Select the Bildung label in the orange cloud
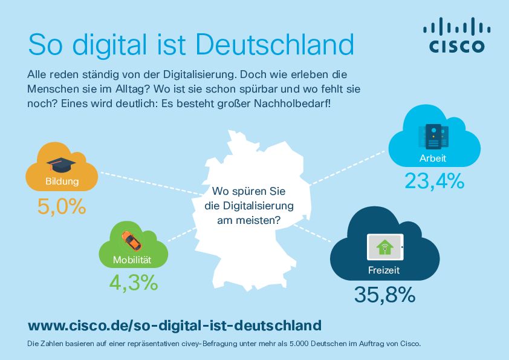point(61,181)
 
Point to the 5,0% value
point(61,207)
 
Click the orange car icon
point(131,240)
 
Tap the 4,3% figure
point(133,282)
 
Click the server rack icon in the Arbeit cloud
point(433,136)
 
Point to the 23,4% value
point(434,180)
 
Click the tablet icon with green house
point(384,247)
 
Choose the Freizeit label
point(384,270)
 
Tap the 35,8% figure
point(384,295)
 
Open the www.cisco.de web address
point(174,326)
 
